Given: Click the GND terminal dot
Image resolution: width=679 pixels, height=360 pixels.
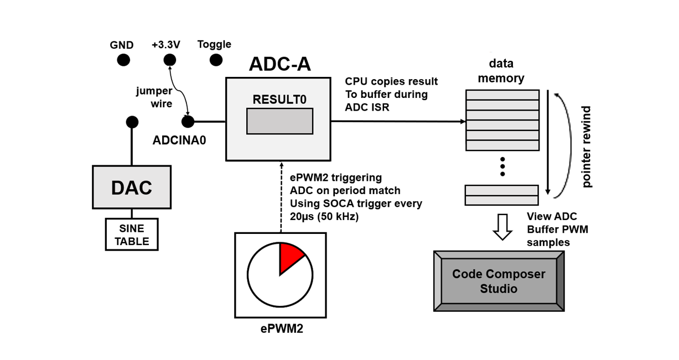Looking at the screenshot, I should coord(123,60).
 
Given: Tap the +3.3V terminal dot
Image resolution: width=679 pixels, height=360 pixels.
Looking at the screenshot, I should coord(170,60).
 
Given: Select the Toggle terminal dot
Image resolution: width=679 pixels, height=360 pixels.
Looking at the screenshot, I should coord(216,60).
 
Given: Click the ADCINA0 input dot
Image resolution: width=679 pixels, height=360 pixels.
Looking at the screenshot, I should coord(188,122).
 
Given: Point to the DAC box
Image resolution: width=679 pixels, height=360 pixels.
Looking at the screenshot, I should coord(132,187).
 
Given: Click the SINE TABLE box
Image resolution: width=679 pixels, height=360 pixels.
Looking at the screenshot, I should coord(132,234).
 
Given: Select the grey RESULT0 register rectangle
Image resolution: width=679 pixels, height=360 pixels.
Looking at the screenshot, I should coord(279,121).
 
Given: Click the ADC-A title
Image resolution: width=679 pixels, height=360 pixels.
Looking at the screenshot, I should coord(279,64).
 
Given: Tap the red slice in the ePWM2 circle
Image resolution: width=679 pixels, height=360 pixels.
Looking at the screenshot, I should coord(290,255).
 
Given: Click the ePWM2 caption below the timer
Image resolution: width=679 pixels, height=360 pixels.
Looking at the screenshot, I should coord(282,329).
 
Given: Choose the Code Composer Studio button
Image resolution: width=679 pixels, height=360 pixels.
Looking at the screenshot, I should coord(499,281).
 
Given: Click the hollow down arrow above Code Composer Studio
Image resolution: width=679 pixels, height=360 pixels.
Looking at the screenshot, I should coord(502,227).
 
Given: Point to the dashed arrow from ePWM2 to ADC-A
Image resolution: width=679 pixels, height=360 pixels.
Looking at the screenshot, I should coord(281,196).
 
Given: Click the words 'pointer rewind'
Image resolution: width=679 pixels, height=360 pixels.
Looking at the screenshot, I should coord(587,147).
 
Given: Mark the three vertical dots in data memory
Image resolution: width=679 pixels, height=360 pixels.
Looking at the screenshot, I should coord(502,166).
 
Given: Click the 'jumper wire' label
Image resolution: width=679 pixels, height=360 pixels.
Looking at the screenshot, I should coord(154,97).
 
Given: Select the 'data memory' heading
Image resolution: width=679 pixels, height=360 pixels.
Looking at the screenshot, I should coord(501,71).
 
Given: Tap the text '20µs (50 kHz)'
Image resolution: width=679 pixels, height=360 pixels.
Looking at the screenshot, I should coord(324,217).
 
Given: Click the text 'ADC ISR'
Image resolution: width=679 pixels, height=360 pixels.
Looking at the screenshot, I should coord(367,108).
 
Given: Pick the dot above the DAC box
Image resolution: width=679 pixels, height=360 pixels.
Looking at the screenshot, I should coord(132,122).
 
